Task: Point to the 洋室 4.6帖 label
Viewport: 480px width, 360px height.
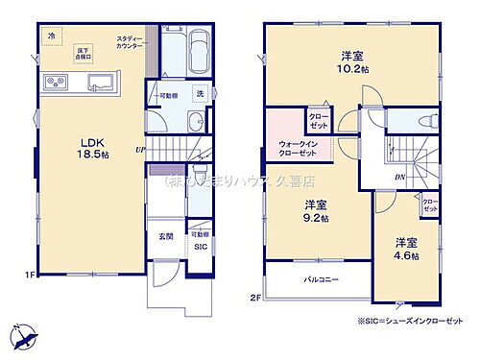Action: point(403,246)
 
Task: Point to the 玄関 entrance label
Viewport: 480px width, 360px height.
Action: point(166,236)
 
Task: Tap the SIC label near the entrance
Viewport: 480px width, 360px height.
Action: point(199,247)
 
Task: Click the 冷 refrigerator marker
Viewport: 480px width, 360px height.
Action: point(51,36)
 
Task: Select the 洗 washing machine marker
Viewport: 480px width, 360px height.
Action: point(201,93)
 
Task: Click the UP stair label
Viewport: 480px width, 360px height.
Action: point(140,150)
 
